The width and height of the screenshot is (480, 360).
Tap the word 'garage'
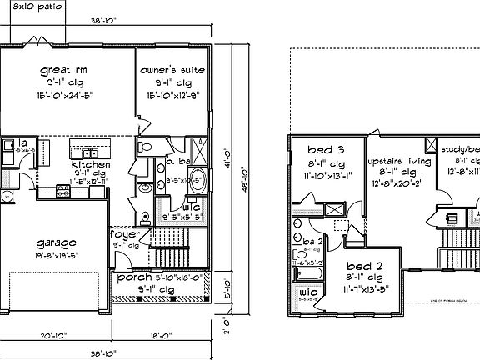pos(57,243)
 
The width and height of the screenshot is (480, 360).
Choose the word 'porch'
pos(132,277)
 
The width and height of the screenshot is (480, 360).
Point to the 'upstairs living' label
pos(399,159)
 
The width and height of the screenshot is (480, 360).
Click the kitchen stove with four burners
pos(62,194)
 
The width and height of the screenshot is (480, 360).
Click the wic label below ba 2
pos(307,292)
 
